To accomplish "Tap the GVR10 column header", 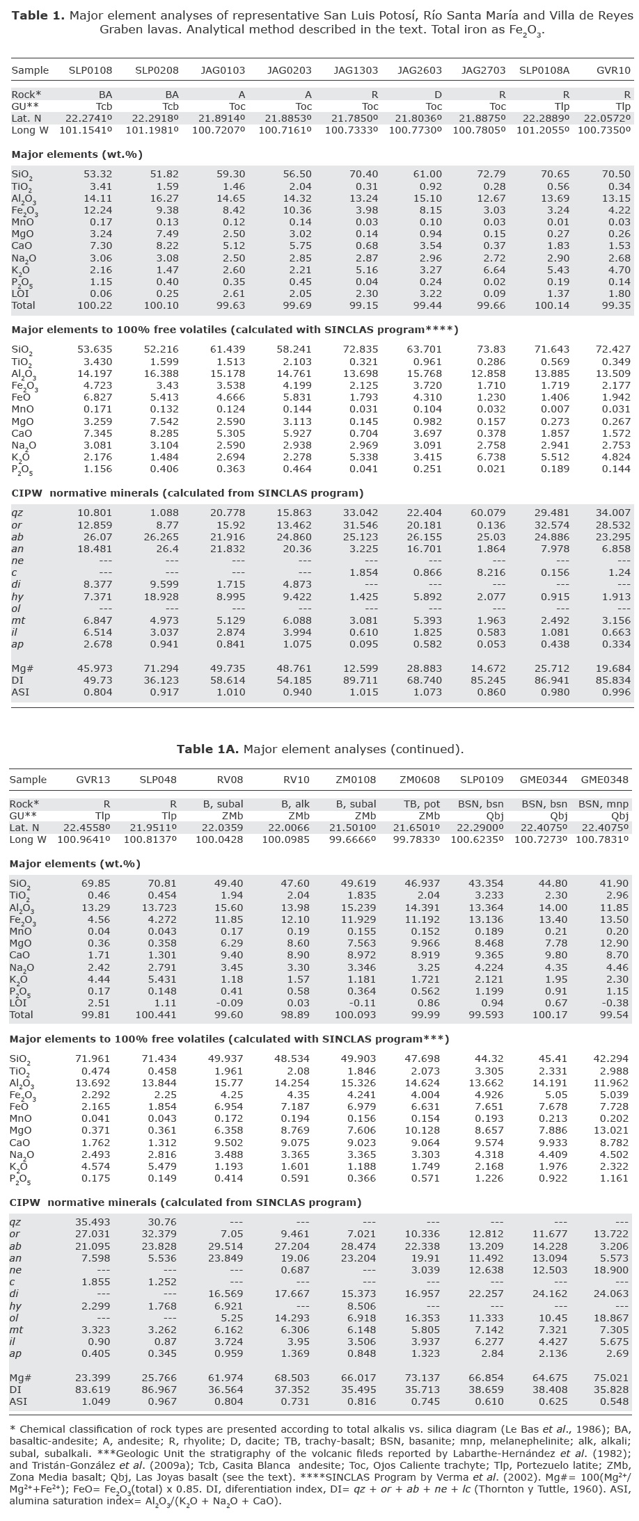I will (613, 70).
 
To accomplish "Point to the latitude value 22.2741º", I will (88, 118).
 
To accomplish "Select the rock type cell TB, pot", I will (418, 804).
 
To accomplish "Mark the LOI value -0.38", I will (615, 1003).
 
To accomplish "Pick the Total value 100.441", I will (158, 1015).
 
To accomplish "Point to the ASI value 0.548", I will (613, 1401).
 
